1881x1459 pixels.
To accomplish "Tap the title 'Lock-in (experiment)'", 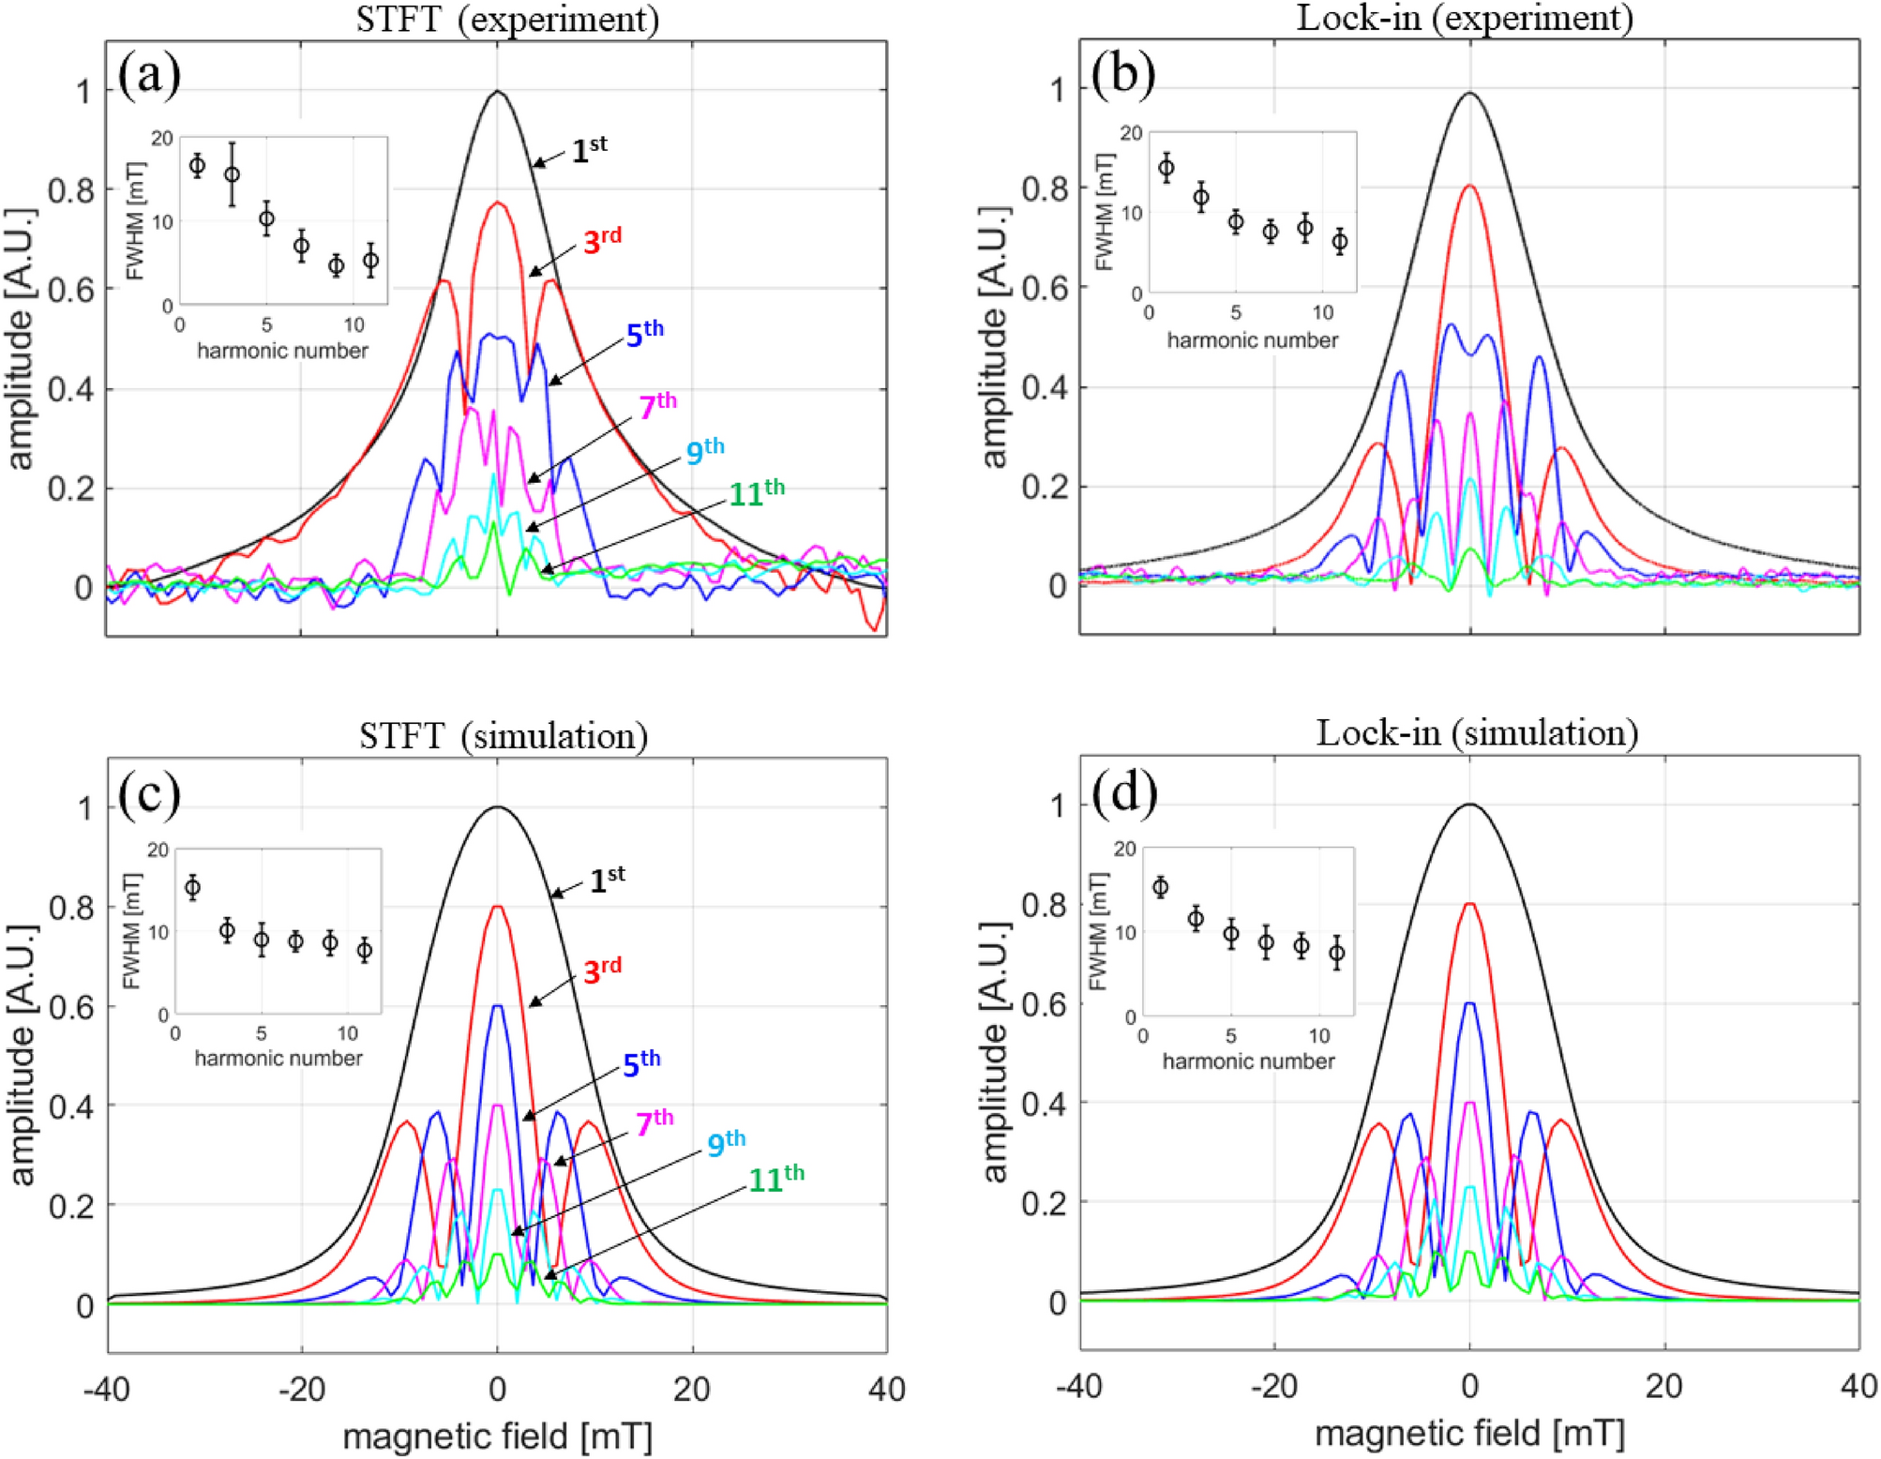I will [1465, 17].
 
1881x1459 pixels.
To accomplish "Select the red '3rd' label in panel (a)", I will [602, 241].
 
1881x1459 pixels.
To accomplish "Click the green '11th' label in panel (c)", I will [776, 1179].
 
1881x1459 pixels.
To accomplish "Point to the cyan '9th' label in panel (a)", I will [705, 452].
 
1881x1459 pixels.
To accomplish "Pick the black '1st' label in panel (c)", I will [607, 880].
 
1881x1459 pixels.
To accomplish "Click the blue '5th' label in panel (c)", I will [642, 1063].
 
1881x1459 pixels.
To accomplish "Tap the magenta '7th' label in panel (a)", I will [657, 406].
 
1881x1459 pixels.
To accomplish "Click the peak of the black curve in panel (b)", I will [1469, 93].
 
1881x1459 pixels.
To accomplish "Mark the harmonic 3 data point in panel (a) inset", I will [232, 174].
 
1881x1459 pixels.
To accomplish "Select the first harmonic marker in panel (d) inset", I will [1160, 887].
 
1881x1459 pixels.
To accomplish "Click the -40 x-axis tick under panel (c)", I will [106, 1389].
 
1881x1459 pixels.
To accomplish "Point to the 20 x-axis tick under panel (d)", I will [1663, 1386].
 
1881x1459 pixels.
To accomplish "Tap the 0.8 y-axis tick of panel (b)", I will [1045, 188].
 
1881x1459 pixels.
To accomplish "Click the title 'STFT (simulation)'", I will [504, 736].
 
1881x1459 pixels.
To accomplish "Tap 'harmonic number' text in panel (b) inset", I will [1252, 340].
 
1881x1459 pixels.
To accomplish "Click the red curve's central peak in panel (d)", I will [1469, 904].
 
